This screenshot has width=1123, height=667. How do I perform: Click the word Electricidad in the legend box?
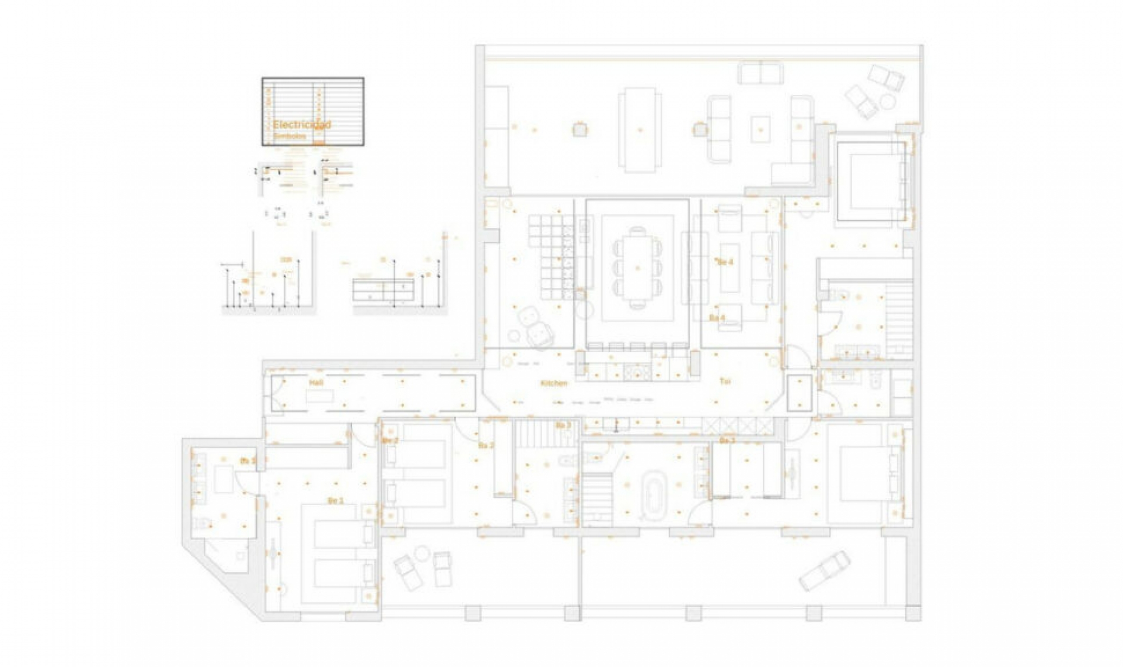click(302, 125)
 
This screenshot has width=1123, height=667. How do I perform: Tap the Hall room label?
click(316, 382)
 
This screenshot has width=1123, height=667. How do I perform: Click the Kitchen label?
click(554, 383)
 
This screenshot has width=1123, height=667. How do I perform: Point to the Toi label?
click(725, 381)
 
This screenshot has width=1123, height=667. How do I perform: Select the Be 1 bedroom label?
click(335, 500)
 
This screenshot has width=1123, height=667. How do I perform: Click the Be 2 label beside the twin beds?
click(390, 441)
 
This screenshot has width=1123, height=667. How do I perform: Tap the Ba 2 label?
click(486, 446)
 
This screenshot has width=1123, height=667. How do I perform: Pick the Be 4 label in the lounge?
click(725, 262)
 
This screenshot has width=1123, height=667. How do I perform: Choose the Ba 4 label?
click(717, 318)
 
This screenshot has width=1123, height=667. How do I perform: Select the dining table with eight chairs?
click(638, 267)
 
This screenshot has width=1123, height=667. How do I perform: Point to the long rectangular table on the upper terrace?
click(639, 129)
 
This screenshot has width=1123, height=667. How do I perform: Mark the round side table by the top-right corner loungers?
click(887, 102)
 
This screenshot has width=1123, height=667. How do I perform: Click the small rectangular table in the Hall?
click(319, 397)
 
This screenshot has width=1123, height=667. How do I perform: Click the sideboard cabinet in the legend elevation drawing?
click(383, 290)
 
